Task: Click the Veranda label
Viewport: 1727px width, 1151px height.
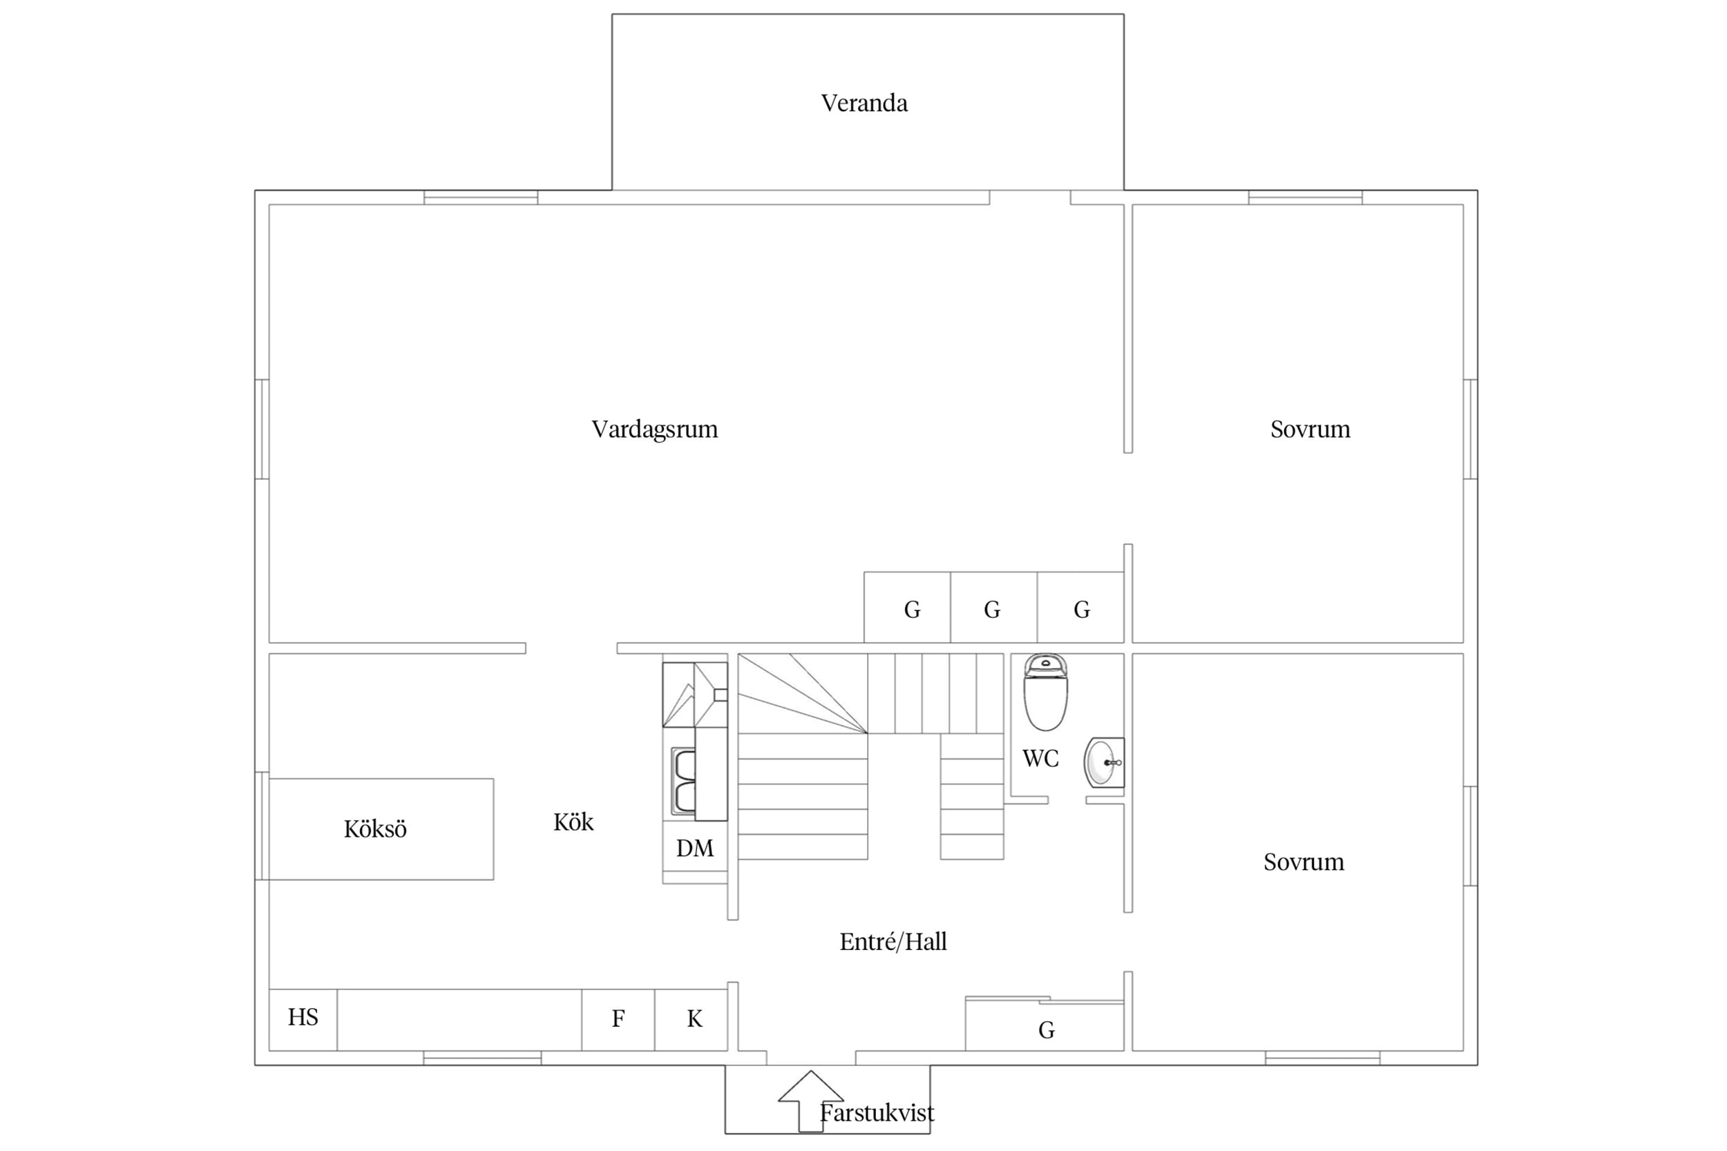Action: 864,103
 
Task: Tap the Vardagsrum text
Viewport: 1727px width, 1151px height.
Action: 654,429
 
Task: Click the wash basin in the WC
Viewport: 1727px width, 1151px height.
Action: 1104,763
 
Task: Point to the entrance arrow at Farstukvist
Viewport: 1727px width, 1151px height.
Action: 810,1101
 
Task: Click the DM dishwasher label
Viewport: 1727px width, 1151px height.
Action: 695,849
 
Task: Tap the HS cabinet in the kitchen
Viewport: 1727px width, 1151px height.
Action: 303,1020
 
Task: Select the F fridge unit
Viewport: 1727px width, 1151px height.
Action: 618,1020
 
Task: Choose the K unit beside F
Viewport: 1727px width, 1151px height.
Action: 691,1020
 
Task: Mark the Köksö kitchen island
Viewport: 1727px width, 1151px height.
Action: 381,829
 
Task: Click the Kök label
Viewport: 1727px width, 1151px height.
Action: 573,822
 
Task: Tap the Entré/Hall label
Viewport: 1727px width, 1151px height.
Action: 893,942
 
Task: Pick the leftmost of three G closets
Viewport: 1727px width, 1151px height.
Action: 908,607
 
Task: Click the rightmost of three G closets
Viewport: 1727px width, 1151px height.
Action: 1081,607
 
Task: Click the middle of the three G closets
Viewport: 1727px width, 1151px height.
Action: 994,607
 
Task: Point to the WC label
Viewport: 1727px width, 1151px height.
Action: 1040,758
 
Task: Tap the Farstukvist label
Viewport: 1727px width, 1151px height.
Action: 877,1114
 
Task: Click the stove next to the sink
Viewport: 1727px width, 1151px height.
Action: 695,695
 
